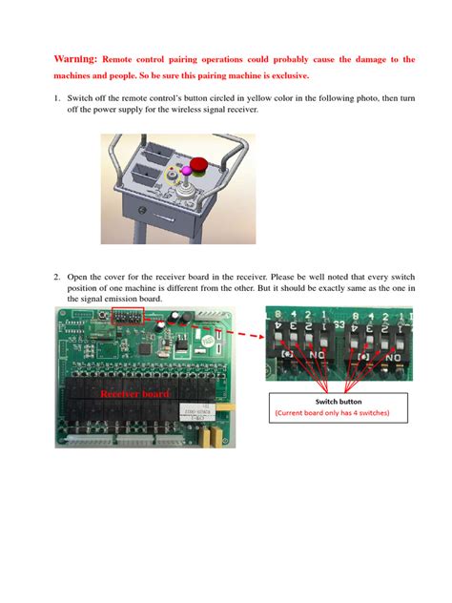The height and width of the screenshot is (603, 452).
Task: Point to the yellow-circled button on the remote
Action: [172, 173]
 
